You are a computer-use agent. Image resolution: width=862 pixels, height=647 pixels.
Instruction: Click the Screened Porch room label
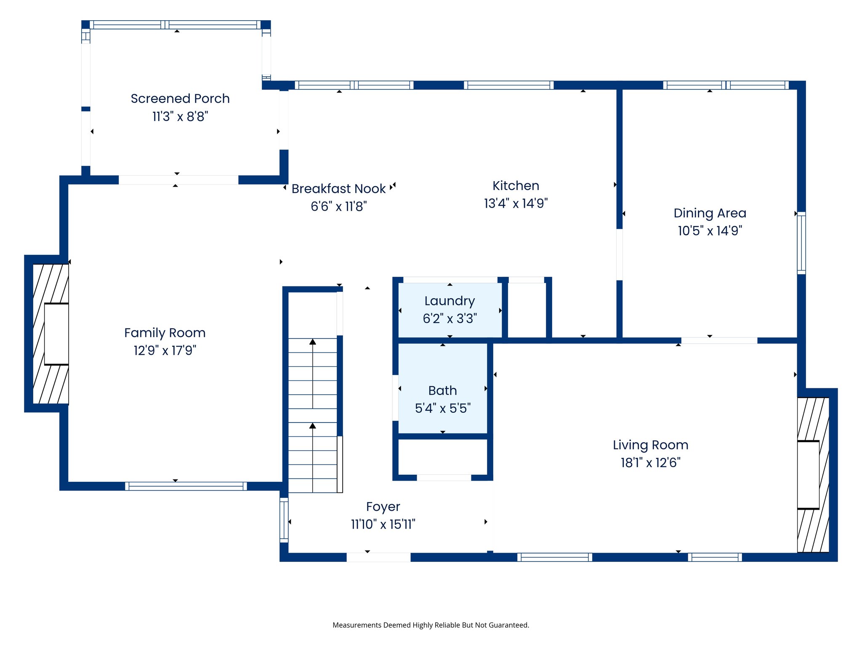(180, 99)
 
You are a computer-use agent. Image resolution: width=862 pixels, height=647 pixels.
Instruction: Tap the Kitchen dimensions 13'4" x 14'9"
(516, 203)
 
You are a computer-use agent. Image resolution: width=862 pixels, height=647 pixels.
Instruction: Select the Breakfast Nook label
(338, 189)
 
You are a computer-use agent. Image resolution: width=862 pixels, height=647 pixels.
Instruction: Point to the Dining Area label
(710, 213)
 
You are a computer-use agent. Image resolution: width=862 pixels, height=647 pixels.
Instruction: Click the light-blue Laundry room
(450, 310)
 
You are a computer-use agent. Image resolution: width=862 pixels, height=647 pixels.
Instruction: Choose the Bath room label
(442, 390)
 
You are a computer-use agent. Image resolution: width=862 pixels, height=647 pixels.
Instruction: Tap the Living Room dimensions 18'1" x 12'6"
(650, 463)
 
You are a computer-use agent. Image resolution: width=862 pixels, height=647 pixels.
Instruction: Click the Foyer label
(383, 507)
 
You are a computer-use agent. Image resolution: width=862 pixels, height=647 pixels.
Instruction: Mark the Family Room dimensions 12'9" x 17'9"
(165, 350)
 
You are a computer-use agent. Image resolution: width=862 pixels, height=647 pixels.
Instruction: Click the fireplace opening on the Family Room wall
(56, 334)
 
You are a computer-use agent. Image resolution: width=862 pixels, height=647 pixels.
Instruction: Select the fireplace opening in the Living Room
(808, 475)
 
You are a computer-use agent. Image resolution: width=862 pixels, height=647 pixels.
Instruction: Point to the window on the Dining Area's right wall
(801, 243)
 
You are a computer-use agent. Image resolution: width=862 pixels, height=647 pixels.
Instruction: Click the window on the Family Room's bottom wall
(186, 486)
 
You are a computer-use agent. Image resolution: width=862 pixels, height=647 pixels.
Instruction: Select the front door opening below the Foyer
(378, 557)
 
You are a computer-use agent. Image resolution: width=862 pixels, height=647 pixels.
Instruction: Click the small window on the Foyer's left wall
(284, 520)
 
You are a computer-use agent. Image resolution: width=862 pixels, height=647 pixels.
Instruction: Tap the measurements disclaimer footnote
(431, 625)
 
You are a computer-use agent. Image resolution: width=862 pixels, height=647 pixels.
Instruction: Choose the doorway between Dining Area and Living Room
(719, 340)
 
